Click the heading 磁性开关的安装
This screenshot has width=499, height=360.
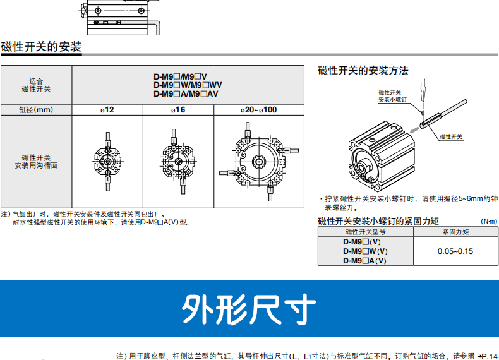coord(41,47)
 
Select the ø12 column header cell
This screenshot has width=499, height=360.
coord(107,110)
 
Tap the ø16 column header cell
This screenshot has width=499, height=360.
coord(178,110)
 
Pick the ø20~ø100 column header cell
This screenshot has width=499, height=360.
coord(259,110)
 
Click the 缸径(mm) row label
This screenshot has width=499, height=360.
coord(36,110)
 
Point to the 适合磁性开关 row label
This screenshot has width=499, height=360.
coord(36,85)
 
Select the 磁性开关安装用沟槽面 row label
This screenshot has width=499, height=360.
coord(36,162)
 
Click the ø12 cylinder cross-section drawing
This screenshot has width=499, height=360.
coord(107,162)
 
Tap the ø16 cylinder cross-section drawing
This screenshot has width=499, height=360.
coord(178,161)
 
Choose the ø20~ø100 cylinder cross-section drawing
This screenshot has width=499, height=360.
coord(259,162)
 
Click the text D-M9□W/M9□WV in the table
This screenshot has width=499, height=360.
coord(188,85)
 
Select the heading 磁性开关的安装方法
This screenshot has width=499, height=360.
coord(363,70)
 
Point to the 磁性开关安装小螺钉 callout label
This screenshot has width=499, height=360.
coord(392,96)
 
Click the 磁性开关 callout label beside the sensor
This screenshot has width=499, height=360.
coord(451,137)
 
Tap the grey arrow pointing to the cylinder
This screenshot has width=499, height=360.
coord(414,129)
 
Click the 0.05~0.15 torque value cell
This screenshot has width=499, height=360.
coord(455,251)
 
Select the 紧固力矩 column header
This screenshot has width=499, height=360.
coord(455,232)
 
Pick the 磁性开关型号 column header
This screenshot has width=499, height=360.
coord(366,232)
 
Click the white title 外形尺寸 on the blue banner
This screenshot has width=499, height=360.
coord(249,309)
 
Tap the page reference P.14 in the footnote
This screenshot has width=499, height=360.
coord(487,356)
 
